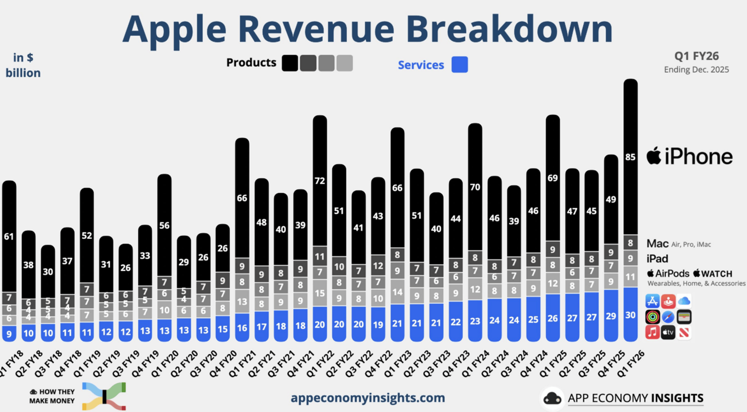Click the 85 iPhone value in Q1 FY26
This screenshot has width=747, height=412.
pyautogui.click(x=630, y=157)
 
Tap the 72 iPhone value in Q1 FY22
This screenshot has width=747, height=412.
pyautogui.click(x=319, y=181)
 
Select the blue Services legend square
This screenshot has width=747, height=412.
pyautogui.click(x=459, y=65)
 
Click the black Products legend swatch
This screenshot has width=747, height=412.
pyautogui.click(x=290, y=63)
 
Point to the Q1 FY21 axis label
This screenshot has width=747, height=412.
pyautogui.click(x=243, y=363)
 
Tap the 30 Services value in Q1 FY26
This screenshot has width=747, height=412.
pyautogui.click(x=630, y=315)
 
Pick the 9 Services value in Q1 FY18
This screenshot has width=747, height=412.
pyautogui.click(x=9, y=334)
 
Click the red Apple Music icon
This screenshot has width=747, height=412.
pyautogui.click(x=652, y=332)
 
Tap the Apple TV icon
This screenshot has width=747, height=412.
pyautogui.click(x=668, y=332)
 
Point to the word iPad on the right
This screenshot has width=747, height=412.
pyautogui.click(x=657, y=259)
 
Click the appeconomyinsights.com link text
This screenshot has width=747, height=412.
pyautogui.click(x=368, y=398)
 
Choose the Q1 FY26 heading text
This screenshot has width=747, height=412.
pyautogui.click(x=696, y=56)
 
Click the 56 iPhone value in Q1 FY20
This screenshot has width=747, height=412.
pyautogui.click(x=164, y=225)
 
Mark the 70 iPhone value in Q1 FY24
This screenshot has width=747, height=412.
pyautogui.click(x=475, y=187)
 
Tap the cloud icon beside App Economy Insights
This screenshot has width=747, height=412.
pyautogui.click(x=552, y=398)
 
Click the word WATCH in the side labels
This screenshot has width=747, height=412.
pyautogui.click(x=717, y=274)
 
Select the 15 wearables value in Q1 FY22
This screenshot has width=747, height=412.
pyautogui.click(x=319, y=293)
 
